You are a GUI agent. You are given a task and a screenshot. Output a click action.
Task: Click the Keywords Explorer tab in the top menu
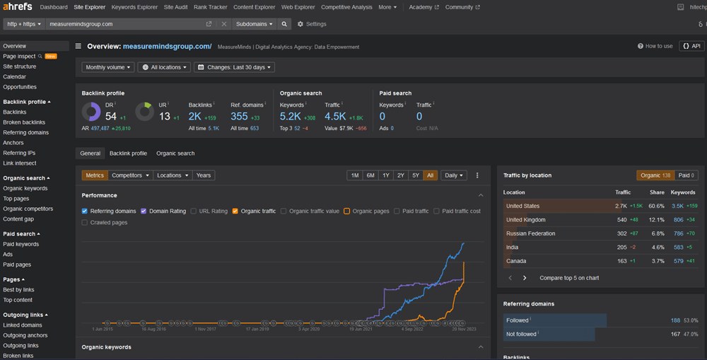(x=134, y=7)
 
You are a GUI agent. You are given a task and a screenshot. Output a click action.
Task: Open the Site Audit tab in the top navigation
(x=175, y=7)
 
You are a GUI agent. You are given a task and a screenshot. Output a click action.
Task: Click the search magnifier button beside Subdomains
(x=284, y=24)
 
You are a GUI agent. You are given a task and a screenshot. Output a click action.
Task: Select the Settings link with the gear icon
(x=312, y=24)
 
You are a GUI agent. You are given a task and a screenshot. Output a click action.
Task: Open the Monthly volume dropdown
(x=107, y=67)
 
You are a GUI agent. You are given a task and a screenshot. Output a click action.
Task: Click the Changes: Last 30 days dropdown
(x=234, y=67)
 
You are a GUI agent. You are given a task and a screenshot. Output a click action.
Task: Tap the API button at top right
(x=691, y=46)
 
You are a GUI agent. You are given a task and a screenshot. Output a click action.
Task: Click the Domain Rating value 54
(x=111, y=116)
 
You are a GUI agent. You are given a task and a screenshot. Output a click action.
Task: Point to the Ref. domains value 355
(x=239, y=116)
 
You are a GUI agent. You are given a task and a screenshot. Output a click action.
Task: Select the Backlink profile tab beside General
(x=128, y=153)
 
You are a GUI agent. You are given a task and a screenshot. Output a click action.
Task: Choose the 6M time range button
(x=370, y=175)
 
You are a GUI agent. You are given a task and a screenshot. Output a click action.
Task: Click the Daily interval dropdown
(x=453, y=175)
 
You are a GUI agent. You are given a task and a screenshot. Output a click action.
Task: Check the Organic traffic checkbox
(x=236, y=211)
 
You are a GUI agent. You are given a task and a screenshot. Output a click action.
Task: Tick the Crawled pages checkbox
(x=85, y=223)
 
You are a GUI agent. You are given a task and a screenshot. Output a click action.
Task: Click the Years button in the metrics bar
(x=203, y=175)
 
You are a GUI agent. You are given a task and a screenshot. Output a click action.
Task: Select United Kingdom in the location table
(x=525, y=220)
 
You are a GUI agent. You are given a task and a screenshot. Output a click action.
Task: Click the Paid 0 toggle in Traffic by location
(x=686, y=175)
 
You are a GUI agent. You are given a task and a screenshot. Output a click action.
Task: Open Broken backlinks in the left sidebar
(x=24, y=122)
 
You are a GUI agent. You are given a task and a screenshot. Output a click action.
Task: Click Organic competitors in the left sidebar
(x=28, y=209)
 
